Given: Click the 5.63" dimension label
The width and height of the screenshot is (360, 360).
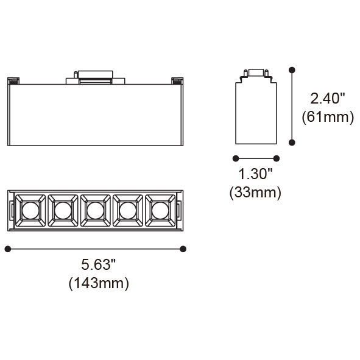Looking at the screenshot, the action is click(x=98, y=264).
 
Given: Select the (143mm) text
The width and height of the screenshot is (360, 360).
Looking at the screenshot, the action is click(x=99, y=283).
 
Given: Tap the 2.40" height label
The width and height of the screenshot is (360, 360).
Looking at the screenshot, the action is click(x=328, y=99).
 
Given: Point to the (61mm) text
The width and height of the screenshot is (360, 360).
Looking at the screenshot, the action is click(x=328, y=117).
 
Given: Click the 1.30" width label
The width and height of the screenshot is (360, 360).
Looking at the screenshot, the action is click(x=255, y=174).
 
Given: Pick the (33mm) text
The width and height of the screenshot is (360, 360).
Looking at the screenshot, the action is click(x=255, y=192).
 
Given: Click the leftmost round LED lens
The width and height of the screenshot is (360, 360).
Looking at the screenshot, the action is click(x=30, y=211).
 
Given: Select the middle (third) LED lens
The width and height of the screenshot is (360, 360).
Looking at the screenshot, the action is click(x=96, y=211).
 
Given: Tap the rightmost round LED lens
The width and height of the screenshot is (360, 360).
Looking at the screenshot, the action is click(x=160, y=211).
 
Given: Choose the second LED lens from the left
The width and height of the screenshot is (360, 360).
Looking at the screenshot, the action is click(x=63, y=211).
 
